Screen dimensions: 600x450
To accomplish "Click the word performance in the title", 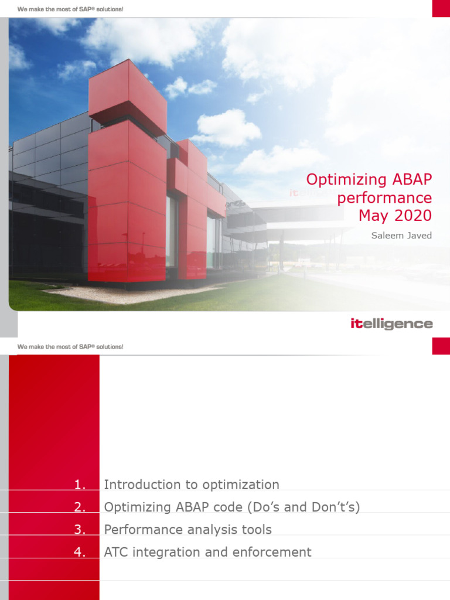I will click(x=384, y=197).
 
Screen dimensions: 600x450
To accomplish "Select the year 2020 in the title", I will click(x=411, y=216).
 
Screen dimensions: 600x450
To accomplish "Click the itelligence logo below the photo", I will click(x=391, y=324).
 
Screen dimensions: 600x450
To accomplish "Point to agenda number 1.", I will click(x=80, y=485).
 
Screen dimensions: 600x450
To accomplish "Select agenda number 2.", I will click(x=80, y=507).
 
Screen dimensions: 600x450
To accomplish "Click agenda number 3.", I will click(x=80, y=530).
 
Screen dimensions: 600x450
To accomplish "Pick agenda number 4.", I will click(x=80, y=552).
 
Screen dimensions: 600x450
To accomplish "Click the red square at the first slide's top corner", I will click(x=441, y=8).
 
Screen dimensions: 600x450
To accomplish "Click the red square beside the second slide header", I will click(x=441, y=346).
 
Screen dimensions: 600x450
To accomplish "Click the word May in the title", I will click(x=373, y=216).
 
